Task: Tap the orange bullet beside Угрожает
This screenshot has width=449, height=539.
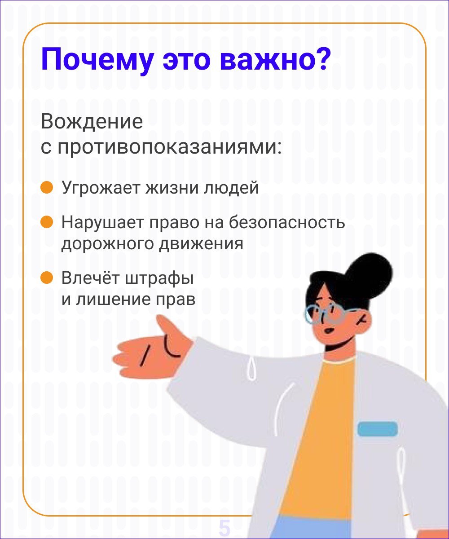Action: pos(47,187)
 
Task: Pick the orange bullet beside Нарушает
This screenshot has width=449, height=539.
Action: pos(47,222)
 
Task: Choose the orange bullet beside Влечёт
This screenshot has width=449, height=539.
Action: pos(47,278)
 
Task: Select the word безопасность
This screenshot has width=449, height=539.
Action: pos(287,222)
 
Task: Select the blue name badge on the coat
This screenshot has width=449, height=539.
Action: pos(377,429)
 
